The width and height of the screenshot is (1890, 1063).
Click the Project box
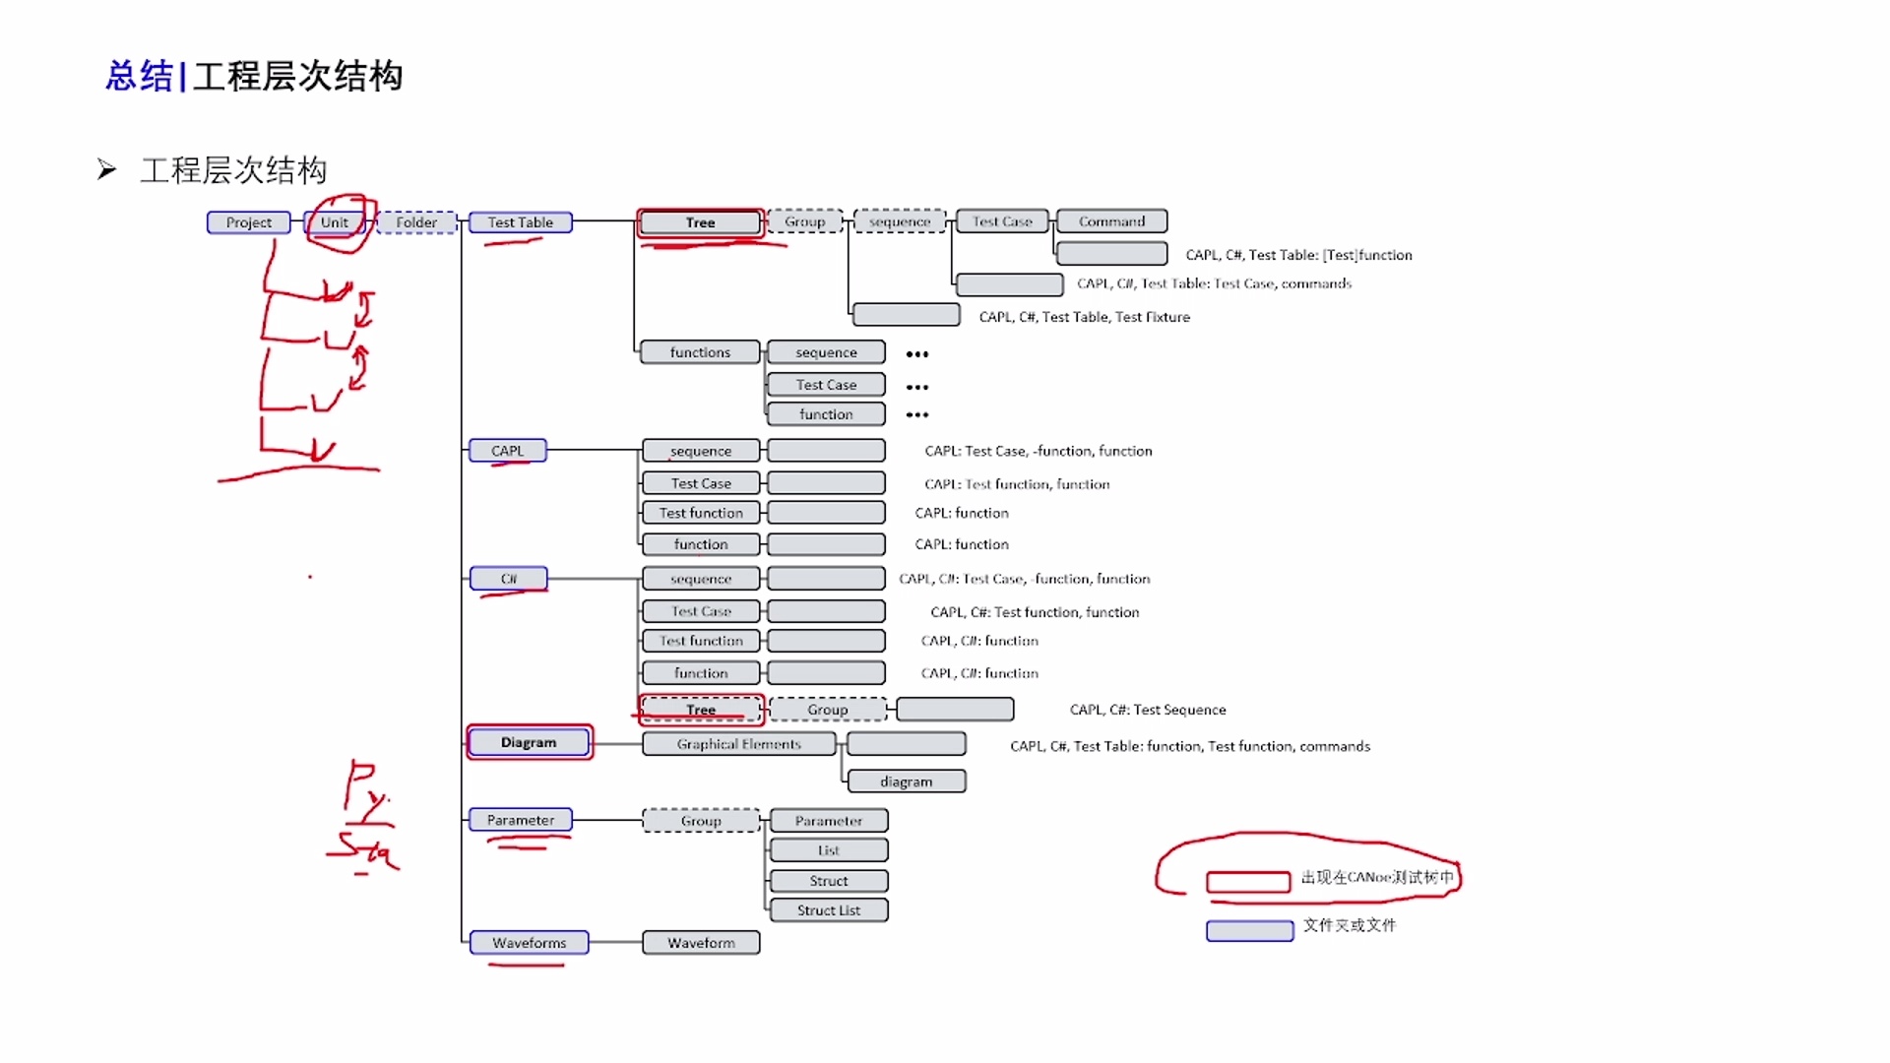(248, 222)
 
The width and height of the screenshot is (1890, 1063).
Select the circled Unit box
(335, 222)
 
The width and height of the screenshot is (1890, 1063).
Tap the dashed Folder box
(416, 222)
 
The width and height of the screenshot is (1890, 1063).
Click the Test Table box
(521, 222)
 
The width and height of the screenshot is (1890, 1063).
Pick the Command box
(1111, 221)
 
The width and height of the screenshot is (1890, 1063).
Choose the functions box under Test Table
(700, 352)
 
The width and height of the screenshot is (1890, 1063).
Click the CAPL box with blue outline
(507, 451)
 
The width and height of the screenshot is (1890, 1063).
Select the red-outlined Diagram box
(529, 742)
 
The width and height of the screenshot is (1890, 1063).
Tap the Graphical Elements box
(738, 744)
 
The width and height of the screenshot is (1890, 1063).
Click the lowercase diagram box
(906, 782)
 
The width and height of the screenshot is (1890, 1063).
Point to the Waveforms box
(529, 943)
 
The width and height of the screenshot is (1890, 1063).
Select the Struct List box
(828, 910)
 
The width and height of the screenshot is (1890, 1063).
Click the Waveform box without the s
(701, 943)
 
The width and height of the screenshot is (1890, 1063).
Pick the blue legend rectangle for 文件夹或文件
(1249, 931)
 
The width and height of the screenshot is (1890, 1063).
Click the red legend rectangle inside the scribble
(1248, 882)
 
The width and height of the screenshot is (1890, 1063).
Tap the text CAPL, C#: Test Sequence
(1148, 710)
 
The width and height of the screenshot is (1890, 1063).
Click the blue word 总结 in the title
(139, 76)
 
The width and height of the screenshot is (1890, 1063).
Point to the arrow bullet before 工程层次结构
(106, 170)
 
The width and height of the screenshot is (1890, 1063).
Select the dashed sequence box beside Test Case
(899, 221)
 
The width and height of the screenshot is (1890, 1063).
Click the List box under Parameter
(828, 850)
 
